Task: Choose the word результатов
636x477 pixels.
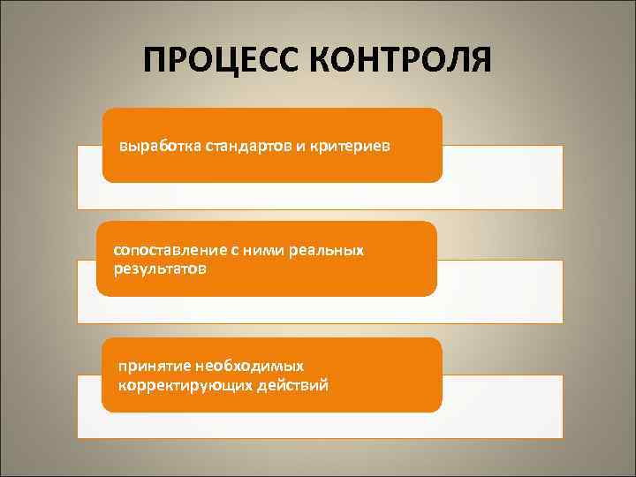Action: (161, 267)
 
